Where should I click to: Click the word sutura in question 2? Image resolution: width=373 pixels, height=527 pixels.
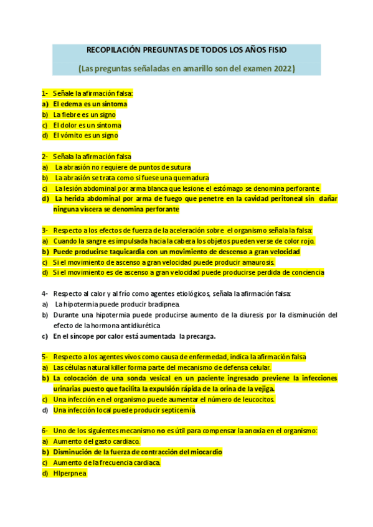click(x=180, y=167)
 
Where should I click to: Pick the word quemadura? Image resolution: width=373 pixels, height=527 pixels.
click(x=190, y=178)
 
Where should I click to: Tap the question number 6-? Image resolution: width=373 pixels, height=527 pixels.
click(x=45, y=431)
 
